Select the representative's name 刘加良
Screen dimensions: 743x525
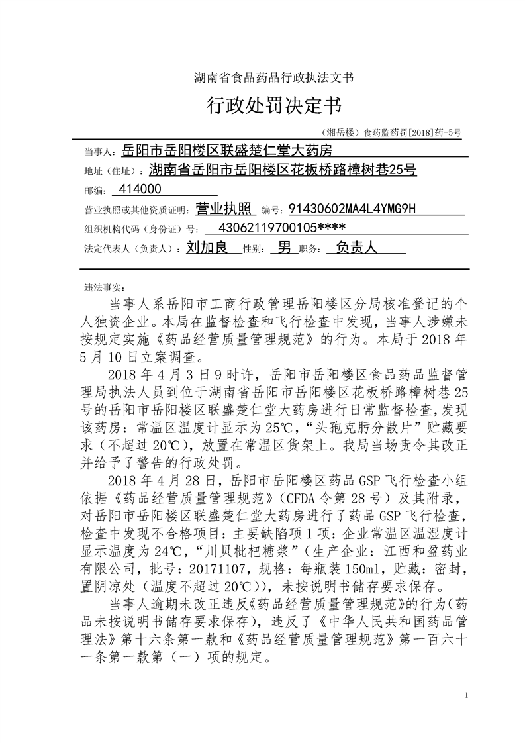point(207,248)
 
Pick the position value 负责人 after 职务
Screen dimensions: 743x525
point(356,248)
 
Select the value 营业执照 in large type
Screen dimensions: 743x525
point(226,209)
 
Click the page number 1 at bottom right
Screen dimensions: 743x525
point(467,695)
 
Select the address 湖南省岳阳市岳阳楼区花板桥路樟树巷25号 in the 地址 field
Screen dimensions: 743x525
point(283,170)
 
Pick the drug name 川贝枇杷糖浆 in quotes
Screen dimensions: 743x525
point(248,532)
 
